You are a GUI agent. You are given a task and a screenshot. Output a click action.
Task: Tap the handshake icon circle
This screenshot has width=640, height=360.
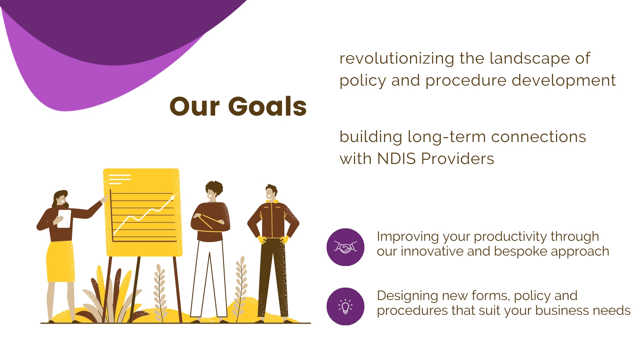[346, 247]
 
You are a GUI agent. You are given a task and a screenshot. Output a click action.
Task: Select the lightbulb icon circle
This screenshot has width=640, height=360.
[346, 306]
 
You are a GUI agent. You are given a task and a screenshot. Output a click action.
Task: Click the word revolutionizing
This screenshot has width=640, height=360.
[396, 58]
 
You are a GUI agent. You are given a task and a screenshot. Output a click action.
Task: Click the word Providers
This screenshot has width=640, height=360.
[458, 158]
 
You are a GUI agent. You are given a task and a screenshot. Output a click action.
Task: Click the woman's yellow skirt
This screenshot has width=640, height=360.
[60, 262]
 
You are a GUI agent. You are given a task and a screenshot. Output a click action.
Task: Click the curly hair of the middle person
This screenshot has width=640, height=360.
[214, 188]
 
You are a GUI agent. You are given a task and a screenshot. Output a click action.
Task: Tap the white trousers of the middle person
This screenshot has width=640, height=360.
[209, 278]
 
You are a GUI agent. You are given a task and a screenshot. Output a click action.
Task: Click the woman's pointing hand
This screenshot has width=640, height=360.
[104, 198]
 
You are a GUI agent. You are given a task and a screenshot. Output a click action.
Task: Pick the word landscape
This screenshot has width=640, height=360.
[530, 58]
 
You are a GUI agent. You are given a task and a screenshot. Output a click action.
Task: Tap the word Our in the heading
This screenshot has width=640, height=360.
[194, 106]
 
